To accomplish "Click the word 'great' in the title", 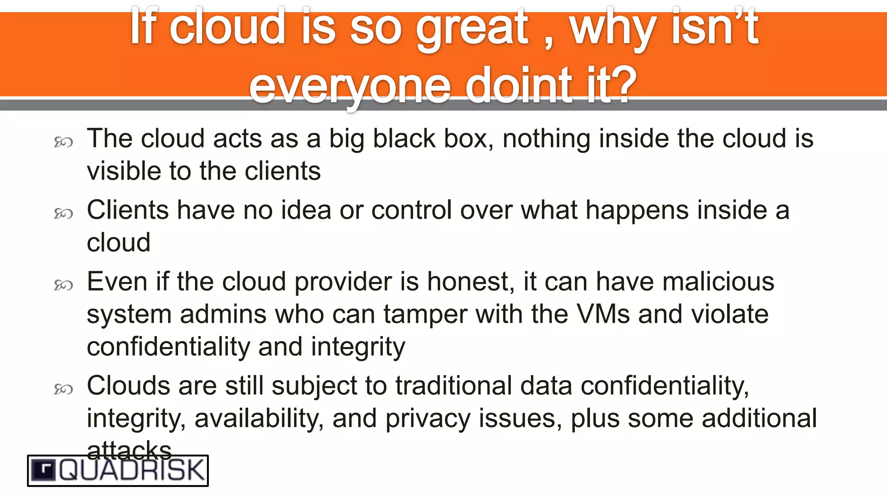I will pos(472,29).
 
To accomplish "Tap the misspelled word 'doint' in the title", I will pos(519,85).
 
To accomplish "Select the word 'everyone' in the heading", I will pos(350,85).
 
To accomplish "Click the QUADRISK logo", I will pos(118,470).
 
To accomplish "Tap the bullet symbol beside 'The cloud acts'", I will pos(63,142).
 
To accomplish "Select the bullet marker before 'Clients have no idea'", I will pos(63,214).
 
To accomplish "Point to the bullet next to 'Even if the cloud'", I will pos(63,285).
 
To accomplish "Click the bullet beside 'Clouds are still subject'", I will pos(63,389).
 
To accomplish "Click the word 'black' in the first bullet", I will pos(404,139).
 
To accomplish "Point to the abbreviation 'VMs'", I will pos(603,314).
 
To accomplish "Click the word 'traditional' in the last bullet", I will pos(453,386).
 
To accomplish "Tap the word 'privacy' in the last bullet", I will pos(427,419).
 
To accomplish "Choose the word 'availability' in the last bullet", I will pos(259,419).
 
